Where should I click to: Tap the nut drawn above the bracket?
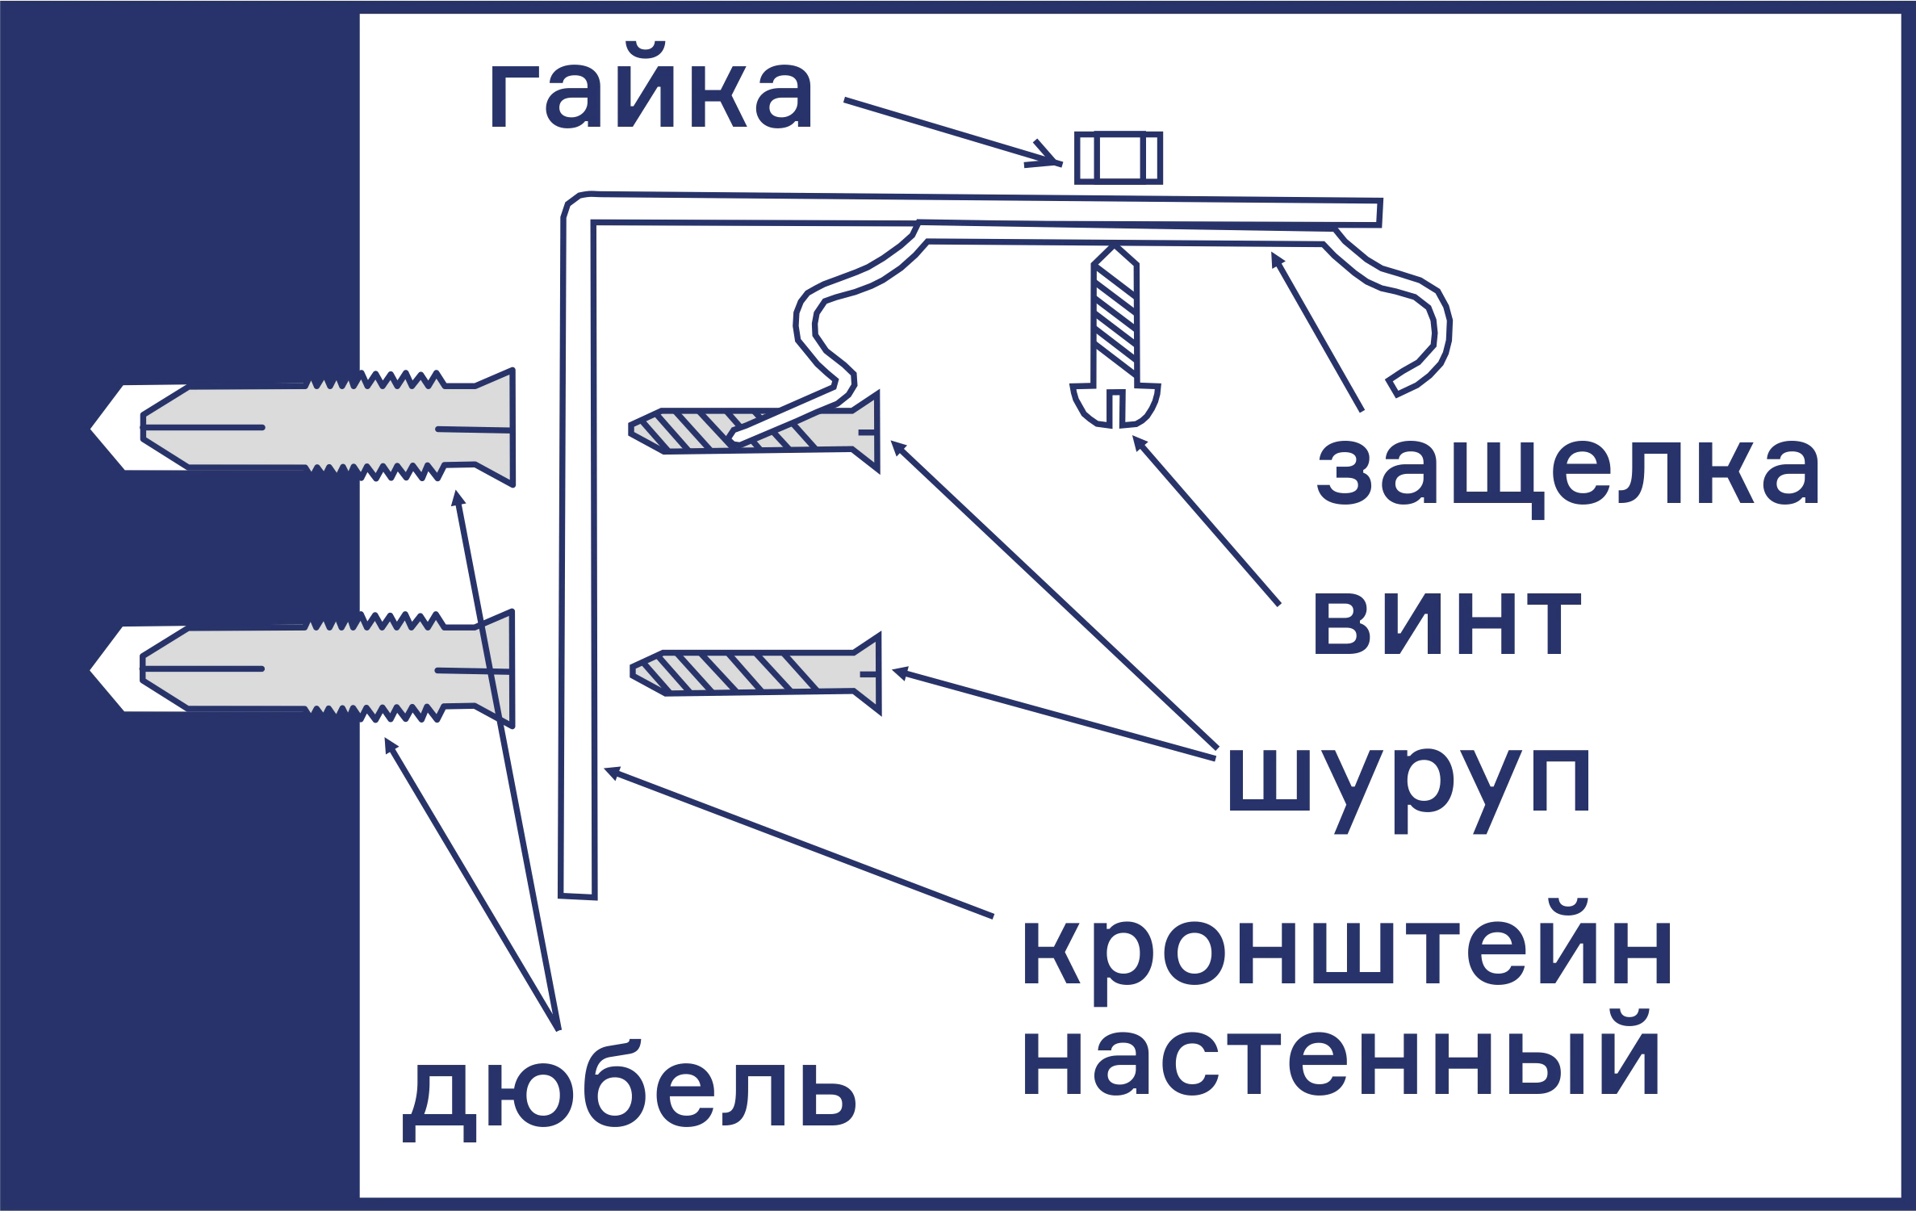(x=1118, y=157)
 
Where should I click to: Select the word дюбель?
(x=630, y=1099)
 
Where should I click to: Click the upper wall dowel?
(x=323, y=427)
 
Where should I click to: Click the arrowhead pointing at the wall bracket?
(x=612, y=772)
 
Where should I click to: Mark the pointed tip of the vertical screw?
(x=1115, y=249)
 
